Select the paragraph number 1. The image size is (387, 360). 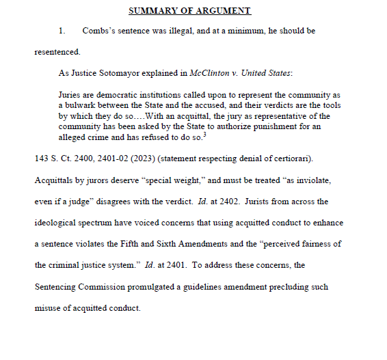click(x=62, y=31)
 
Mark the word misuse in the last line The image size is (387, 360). click(x=49, y=307)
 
